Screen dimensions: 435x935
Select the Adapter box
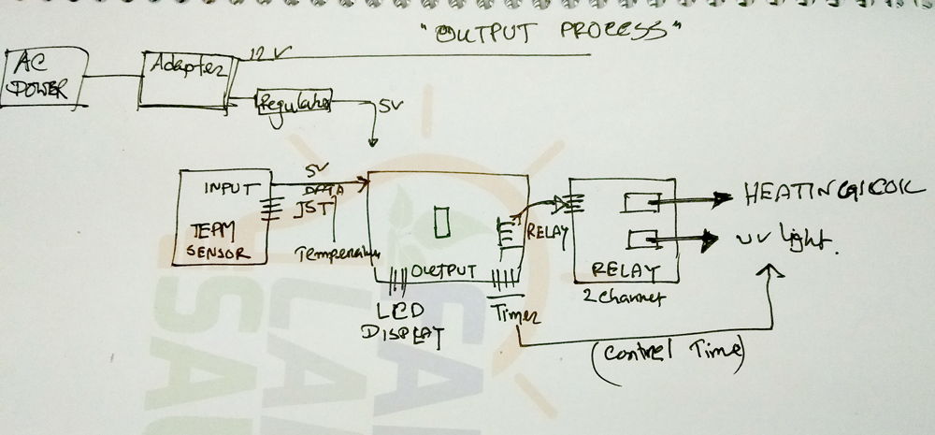click(185, 79)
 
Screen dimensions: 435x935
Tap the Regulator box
click(293, 104)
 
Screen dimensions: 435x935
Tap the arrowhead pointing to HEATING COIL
click(723, 197)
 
